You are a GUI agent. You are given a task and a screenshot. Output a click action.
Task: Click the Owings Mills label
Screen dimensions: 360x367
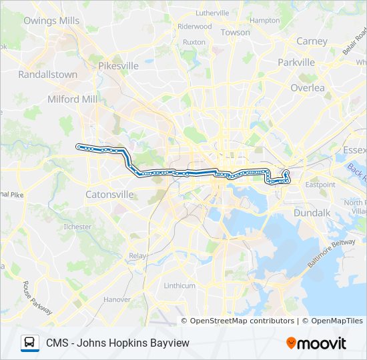pos(51,21)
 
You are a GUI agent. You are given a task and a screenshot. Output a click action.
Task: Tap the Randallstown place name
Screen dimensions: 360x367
pos(48,75)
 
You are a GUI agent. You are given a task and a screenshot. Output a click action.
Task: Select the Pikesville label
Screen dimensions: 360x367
pos(118,66)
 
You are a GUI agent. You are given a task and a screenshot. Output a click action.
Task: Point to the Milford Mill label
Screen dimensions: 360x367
pos(72,99)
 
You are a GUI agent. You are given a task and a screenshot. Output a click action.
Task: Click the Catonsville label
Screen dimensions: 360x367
pos(109,195)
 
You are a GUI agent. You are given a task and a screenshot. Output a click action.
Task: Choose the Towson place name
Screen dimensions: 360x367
pos(235,32)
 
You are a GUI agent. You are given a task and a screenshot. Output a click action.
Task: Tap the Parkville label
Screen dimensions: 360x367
pos(296,63)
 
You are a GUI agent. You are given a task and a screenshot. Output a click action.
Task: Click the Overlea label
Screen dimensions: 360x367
pos(308,88)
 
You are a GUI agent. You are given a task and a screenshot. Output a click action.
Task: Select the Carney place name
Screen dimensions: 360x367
pos(312,41)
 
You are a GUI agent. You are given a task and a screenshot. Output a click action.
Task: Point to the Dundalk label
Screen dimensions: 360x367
pos(312,213)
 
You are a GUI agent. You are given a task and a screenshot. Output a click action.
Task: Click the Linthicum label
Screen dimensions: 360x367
pos(179,285)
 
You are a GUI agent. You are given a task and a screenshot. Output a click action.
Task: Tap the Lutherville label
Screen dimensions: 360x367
pos(212,13)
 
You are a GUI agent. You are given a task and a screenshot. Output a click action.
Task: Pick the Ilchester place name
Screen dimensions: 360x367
pos(77,227)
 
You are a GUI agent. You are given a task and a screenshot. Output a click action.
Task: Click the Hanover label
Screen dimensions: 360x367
pos(117,299)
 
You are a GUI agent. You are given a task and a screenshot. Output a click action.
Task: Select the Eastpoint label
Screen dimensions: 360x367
pos(320,184)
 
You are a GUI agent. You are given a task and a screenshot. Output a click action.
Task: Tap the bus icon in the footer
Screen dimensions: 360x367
pos(29,343)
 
